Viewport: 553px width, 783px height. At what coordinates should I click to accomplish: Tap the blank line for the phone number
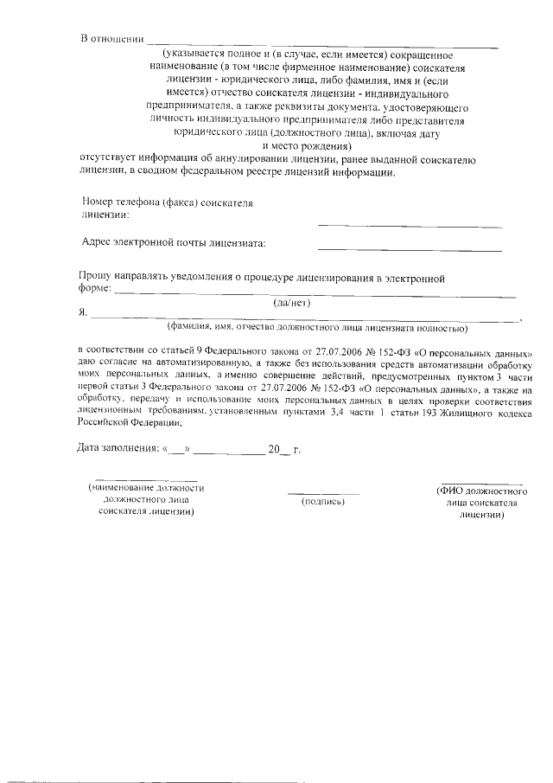[410, 226]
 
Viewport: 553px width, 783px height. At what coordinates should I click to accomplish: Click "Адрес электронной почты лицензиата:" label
[173, 243]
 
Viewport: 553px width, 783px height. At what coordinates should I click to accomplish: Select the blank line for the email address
[410, 249]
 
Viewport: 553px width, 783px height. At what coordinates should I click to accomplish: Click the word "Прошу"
[94, 278]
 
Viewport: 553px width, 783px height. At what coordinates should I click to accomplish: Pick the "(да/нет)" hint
[291, 304]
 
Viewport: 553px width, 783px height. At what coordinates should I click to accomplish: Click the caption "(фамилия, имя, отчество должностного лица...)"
[317, 329]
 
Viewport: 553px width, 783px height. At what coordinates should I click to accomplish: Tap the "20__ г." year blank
[282, 450]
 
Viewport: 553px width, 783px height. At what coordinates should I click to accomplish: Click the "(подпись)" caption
[322, 501]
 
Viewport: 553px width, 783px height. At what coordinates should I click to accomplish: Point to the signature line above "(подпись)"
[322, 492]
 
